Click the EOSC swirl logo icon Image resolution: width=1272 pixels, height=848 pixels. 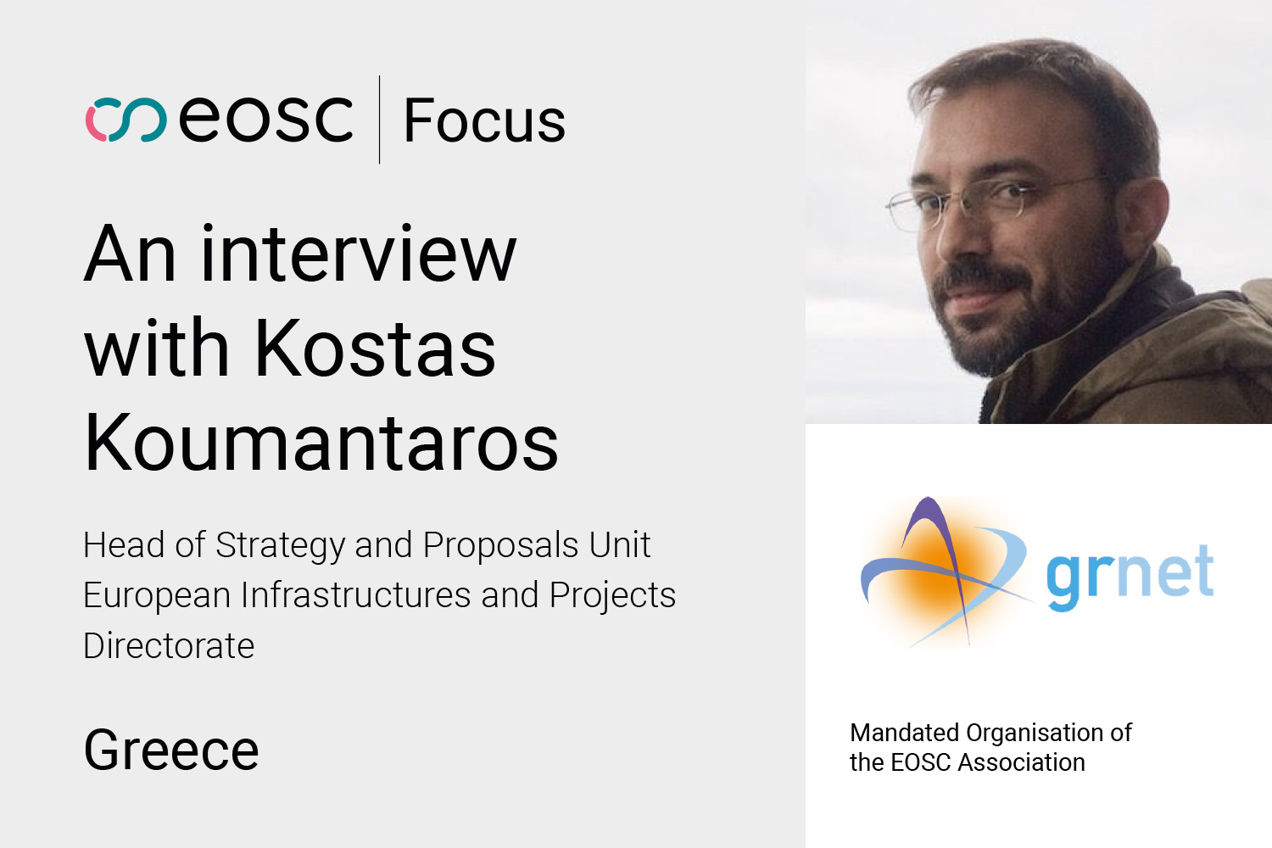click(126, 120)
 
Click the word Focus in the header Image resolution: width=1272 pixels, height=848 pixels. click(484, 120)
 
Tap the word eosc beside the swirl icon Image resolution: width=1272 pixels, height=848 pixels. click(265, 119)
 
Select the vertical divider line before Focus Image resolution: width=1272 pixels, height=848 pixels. click(379, 120)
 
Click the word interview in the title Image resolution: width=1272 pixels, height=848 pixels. click(359, 254)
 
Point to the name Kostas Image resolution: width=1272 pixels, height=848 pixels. click(376, 347)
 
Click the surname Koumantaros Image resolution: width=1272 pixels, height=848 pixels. click(321, 441)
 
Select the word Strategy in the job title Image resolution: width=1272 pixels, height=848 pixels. click(280, 546)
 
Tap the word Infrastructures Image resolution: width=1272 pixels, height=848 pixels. click(356, 594)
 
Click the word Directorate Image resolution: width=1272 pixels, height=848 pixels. click(169, 645)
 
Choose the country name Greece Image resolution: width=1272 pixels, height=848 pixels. click(171, 750)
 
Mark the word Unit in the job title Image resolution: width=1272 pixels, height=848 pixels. click(620, 544)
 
